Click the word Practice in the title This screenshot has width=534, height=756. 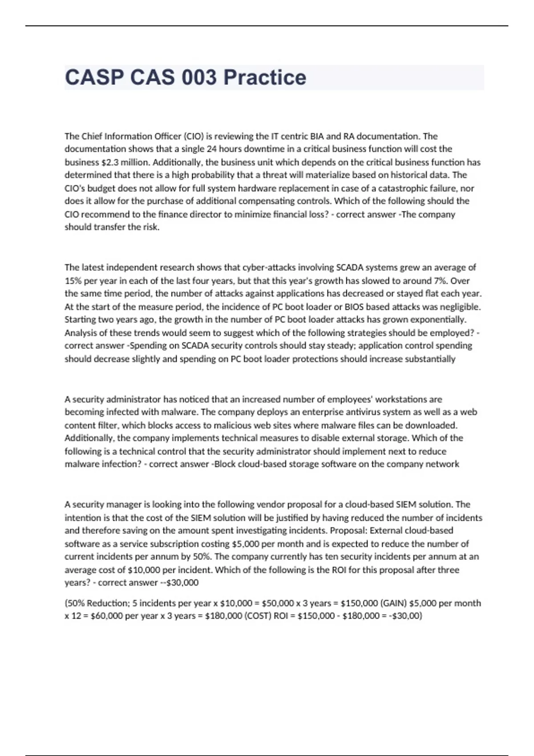pyautogui.click(x=265, y=77)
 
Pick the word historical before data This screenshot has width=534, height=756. pyautogui.click(x=404, y=175)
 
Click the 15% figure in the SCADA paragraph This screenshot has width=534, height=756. pyautogui.click(x=73, y=281)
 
